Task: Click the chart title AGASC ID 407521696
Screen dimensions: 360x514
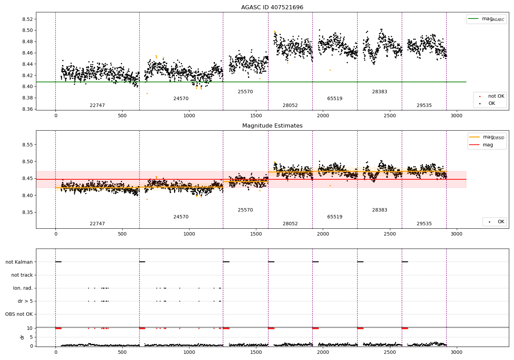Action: [x=272, y=8]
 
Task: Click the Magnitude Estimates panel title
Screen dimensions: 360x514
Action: [x=272, y=126]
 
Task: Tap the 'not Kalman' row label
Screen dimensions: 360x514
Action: [x=19, y=262]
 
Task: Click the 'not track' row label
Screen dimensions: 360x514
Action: [x=22, y=275]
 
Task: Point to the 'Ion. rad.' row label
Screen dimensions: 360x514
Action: [x=23, y=288]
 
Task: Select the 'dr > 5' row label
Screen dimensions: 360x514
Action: [x=25, y=301]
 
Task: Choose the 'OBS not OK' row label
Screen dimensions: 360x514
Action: [x=19, y=314]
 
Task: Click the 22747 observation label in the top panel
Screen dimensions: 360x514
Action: [x=97, y=106]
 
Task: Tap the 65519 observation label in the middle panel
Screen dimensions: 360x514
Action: [x=335, y=217]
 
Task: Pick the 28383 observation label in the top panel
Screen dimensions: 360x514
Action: [x=380, y=92]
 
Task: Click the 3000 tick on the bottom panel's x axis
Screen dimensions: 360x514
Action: [x=456, y=352]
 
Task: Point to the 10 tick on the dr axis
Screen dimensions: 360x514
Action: [x=30, y=328]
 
